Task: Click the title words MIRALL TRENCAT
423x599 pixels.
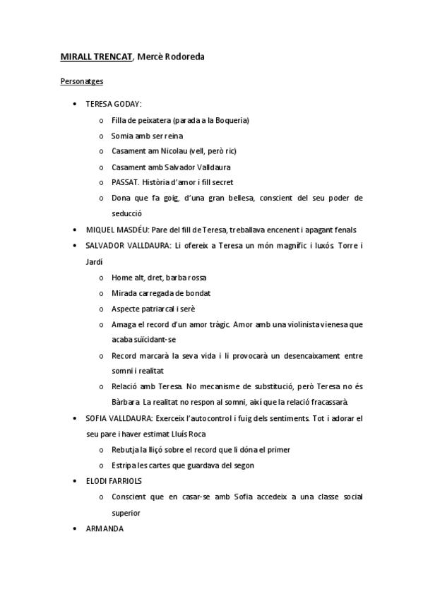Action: [96, 56]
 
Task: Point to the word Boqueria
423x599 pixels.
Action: [231, 120]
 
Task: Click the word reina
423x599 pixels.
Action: [174, 136]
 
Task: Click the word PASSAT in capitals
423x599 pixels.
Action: [125, 182]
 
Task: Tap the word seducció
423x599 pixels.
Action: [127, 213]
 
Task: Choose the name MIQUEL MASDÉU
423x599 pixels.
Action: [117, 230]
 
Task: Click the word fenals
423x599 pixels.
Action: [342, 230]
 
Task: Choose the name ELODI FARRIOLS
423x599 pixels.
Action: [114, 481]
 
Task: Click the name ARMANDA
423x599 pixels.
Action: [105, 528]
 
